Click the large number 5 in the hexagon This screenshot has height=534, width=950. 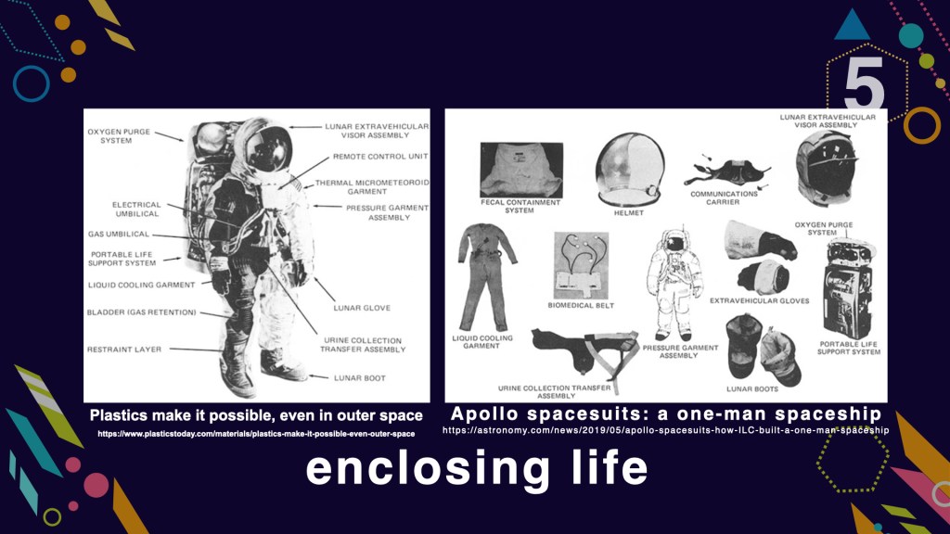point(864,84)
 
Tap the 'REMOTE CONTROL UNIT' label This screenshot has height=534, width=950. point(380,156)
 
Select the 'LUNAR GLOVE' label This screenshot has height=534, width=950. point(362,308)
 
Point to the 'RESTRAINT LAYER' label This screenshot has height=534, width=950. point(124,350)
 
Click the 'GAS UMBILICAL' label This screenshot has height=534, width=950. point(118,234)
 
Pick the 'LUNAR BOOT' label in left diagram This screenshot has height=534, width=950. point(360,378)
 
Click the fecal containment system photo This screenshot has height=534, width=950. point(521,171)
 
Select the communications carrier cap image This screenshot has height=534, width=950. point(725,172)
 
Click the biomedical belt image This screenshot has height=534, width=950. point(581,265)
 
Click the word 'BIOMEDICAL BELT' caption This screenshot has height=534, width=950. point(581,306)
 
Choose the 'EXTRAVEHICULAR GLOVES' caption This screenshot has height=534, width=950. point(759,301)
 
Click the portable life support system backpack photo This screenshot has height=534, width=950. point(848,289)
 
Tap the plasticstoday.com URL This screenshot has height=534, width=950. point(256,434)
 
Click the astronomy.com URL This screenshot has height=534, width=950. point(666,430)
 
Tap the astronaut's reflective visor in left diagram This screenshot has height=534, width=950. point(270,149)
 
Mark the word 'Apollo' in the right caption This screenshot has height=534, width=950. point(485,414)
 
